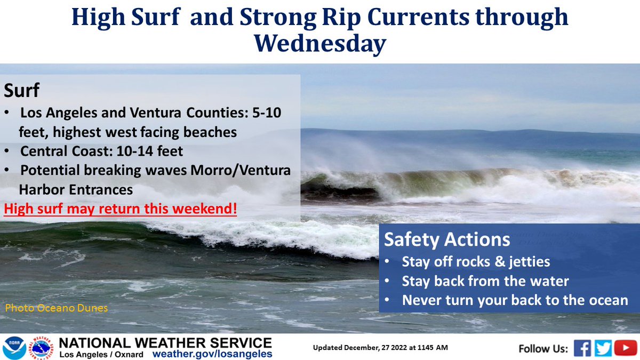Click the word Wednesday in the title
coord(319,44)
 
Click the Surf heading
coord(22,91)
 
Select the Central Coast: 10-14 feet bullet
coord(101,151)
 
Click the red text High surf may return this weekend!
coord(121,209)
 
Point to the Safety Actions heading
coord(447,239)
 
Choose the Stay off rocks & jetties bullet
coord(476,262)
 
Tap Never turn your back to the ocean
coord(515,300)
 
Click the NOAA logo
coord(14,347)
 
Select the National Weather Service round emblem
coord(42,347)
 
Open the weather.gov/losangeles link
coord(212,354)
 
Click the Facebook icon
coord(583,348)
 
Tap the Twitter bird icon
coord(603,348)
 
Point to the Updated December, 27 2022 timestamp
coord(380,348)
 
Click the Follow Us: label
coord(543,349)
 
